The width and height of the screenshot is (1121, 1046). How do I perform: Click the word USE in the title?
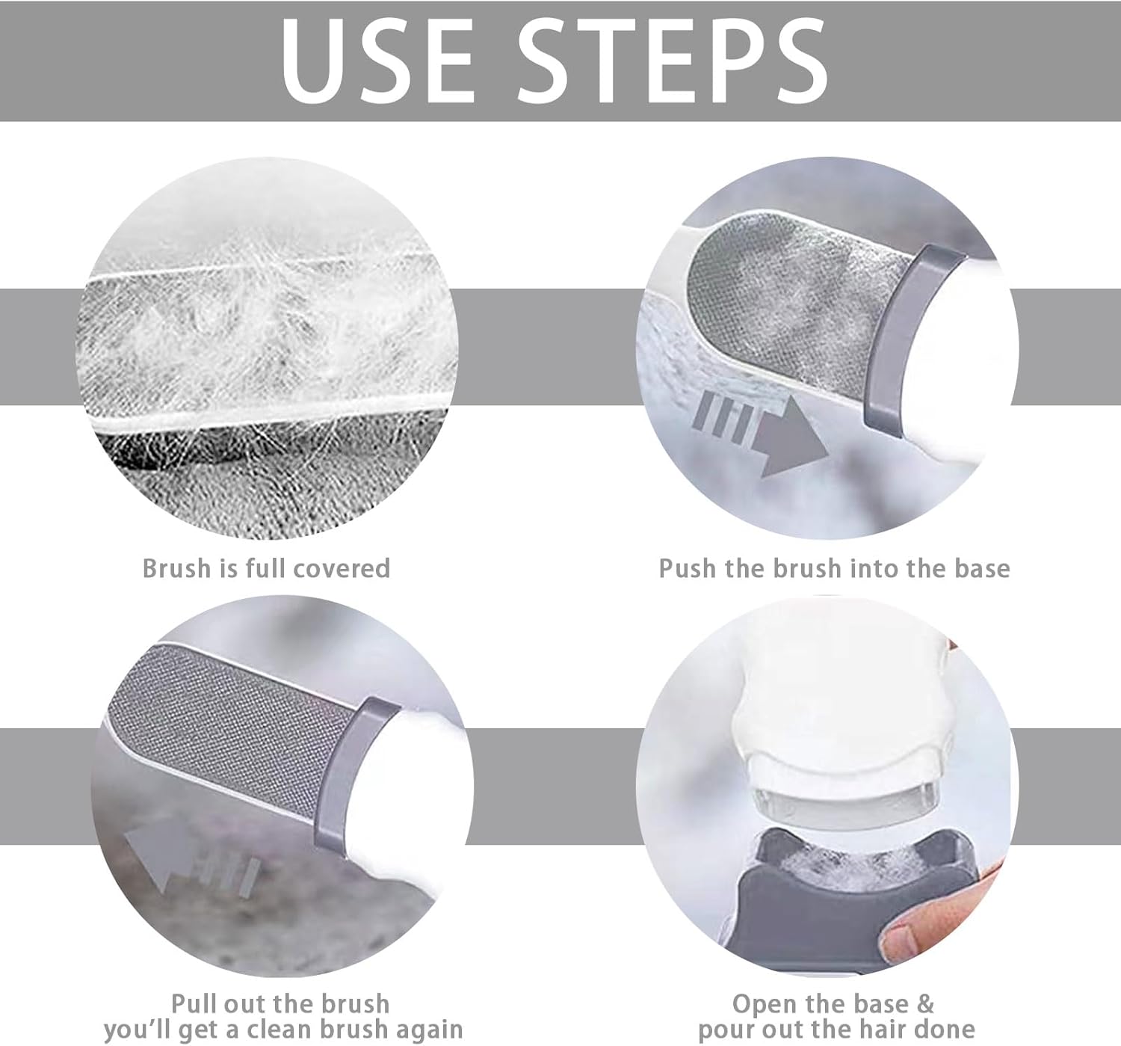(377, 61)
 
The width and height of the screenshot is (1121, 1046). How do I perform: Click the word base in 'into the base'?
(981, 568)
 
